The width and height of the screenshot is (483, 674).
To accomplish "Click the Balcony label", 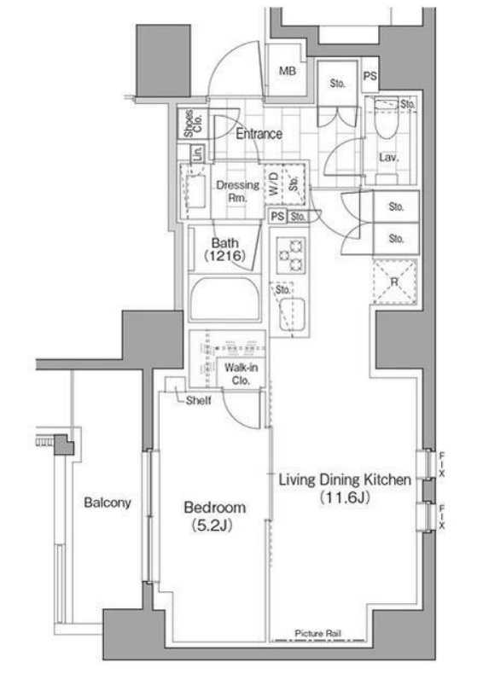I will (x=108, y=503).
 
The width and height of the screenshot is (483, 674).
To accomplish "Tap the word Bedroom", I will (x=215, y=507).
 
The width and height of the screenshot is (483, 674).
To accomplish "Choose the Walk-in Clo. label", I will (x=236, y=374).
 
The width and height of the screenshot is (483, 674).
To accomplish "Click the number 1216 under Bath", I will (x=224, y=256).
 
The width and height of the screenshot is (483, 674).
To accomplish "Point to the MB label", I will (x=288, y=71).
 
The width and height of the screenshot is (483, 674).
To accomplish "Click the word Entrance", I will (x=259, y=134).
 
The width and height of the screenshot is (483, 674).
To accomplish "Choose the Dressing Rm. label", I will (x=232, y=190).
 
